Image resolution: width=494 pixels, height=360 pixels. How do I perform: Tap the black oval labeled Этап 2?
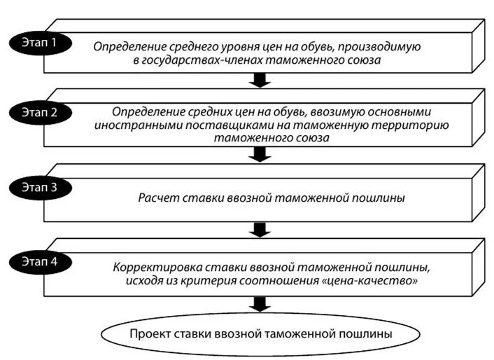pos(43,111)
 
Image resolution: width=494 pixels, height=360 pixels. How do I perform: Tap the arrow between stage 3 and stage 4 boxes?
pos(260,229)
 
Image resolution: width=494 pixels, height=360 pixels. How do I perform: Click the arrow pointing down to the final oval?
pos(260,303)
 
